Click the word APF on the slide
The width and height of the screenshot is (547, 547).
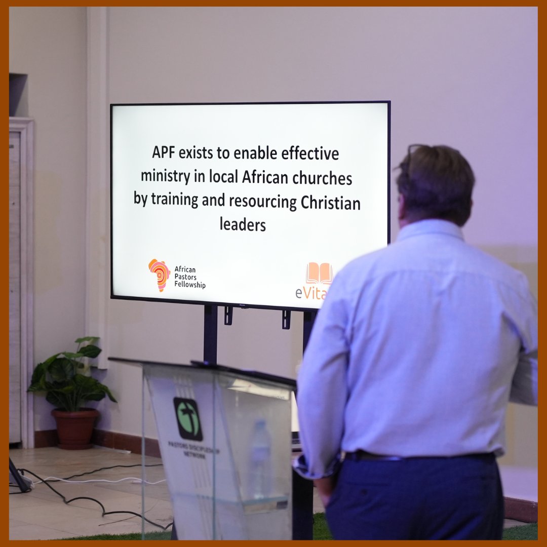click(166, 152)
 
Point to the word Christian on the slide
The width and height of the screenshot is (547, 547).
click(330, 202)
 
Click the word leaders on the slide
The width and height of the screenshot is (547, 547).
click(243, 224)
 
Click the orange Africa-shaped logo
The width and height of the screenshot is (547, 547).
click(159, 275)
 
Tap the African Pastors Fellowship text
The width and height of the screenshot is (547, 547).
click(189, 278)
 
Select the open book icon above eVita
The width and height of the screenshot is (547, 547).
click(319, 273)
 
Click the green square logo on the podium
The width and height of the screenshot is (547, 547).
click(188, 418)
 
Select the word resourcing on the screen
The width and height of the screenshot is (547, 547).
click(262, 202)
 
